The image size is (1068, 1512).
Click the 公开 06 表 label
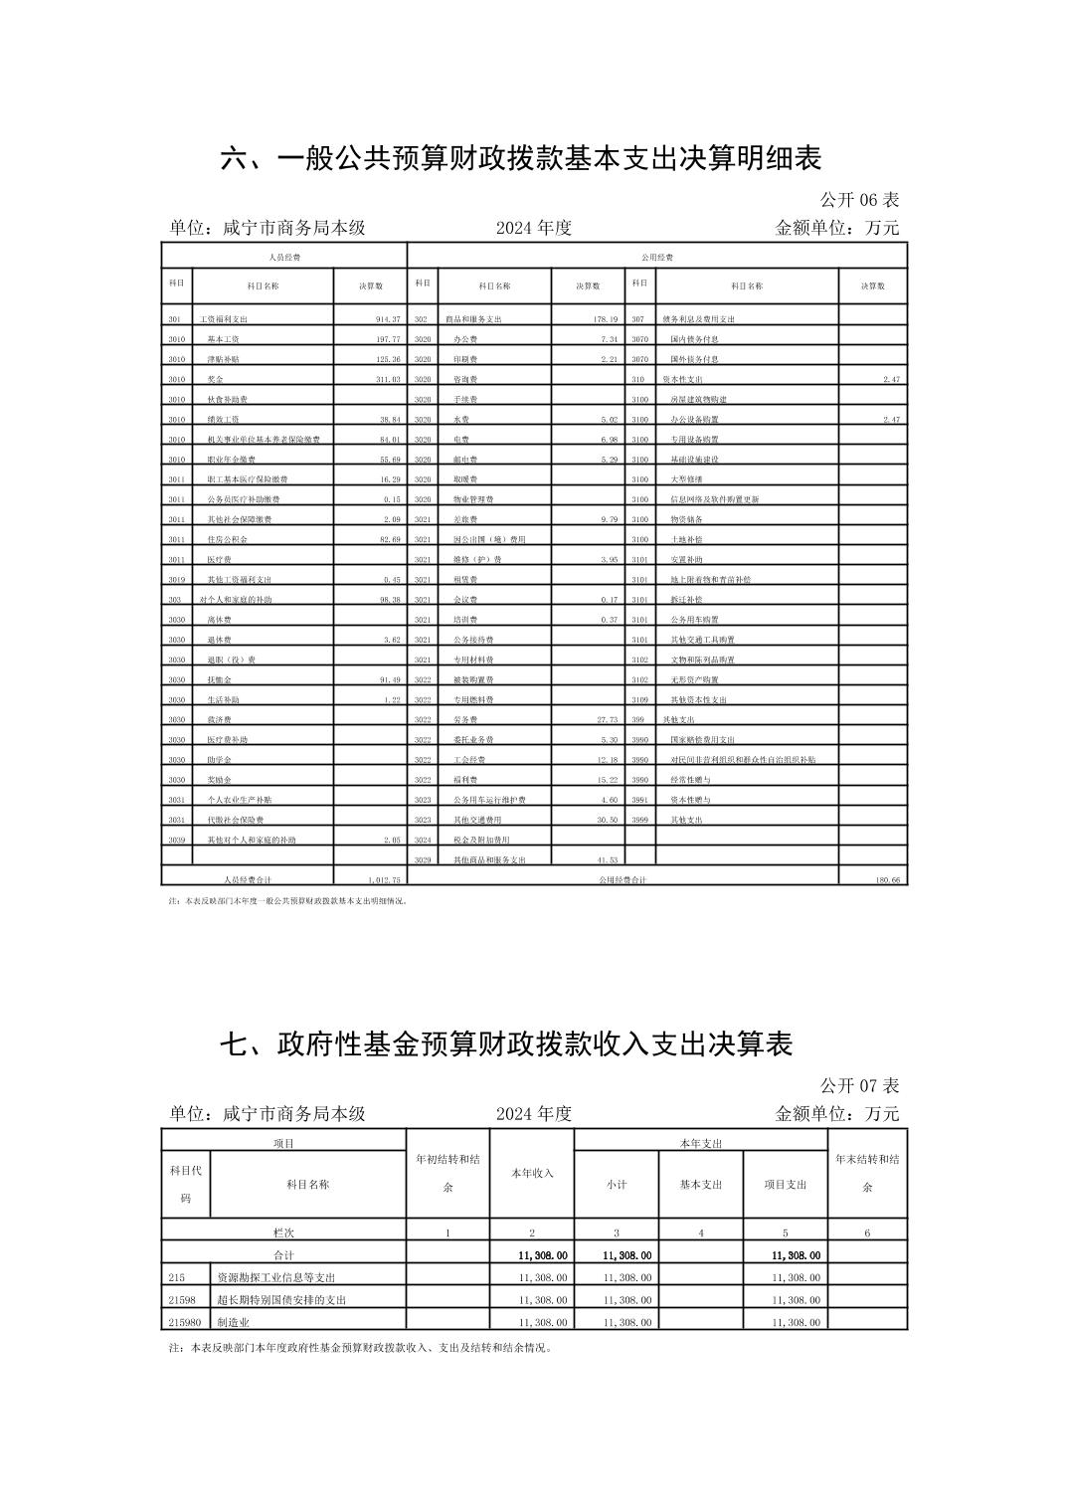coord(859,200)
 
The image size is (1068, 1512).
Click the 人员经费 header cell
coord(284,258)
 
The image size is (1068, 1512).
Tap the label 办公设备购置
coord(694,420)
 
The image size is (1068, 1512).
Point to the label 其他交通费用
coord(477,820)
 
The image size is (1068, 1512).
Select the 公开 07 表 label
coord(859,1085)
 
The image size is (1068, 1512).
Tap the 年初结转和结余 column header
coord(447,1173)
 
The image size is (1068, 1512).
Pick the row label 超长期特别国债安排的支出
coord(281,1300)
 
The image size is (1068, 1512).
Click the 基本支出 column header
coord(701,1185)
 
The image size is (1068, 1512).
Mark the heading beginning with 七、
coord(506,1044)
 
